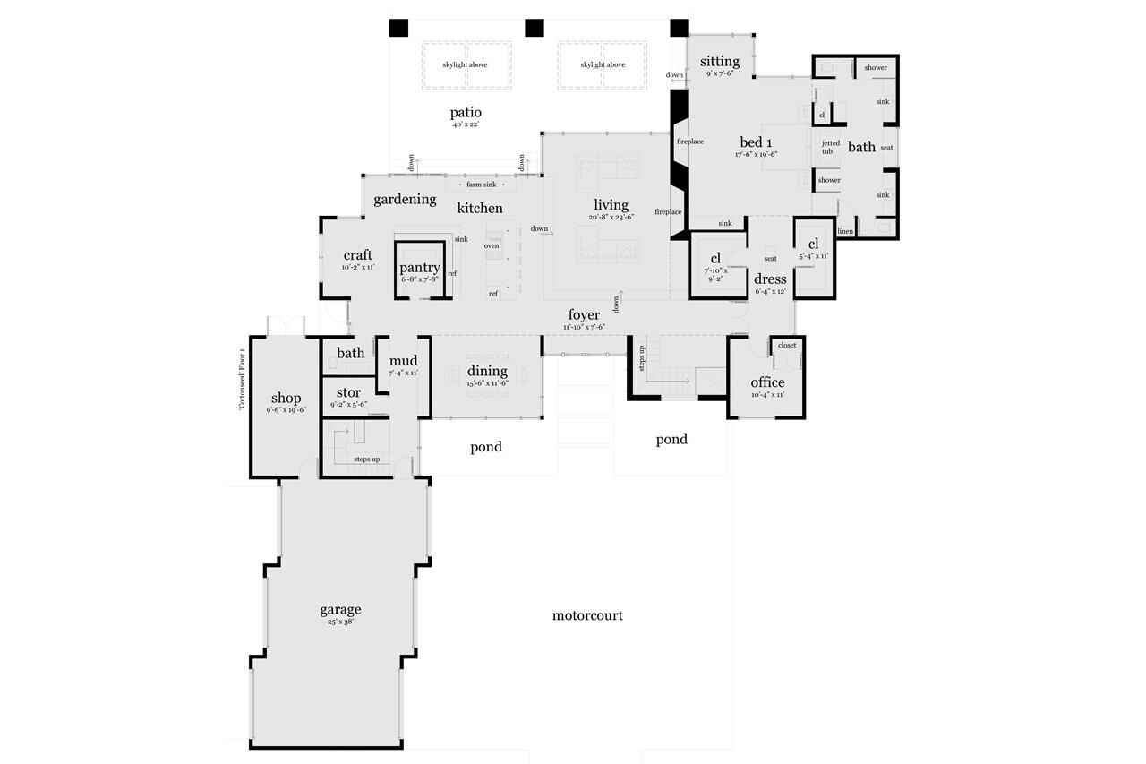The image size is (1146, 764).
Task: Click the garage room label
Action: tap(340, 610)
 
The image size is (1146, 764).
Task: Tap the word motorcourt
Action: tap(586, 615)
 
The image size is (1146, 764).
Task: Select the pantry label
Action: tap(419, 268)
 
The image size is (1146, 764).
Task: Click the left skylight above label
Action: tap(466, 65)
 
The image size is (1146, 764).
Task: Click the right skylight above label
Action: tap(603, 65)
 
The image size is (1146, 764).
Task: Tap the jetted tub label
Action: tap(830, 147)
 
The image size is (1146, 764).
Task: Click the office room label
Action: tap(767, 382)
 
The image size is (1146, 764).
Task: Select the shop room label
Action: tap(286, 399)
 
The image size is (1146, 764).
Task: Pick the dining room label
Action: tap(486, 371)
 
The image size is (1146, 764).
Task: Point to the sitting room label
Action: tap(720, 62)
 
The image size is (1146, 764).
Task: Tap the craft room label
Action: tap(357, 256)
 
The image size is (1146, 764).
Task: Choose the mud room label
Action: tap(403, 361)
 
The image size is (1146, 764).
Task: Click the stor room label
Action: tap(348, 392)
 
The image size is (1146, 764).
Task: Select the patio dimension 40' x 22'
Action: tap(466, 125)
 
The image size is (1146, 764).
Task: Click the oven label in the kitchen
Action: tap(492, 245)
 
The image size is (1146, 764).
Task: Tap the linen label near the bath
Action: tap(845, 231)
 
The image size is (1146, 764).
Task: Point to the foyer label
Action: tap(584, 315)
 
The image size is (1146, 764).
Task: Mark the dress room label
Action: tap(770, 279)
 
